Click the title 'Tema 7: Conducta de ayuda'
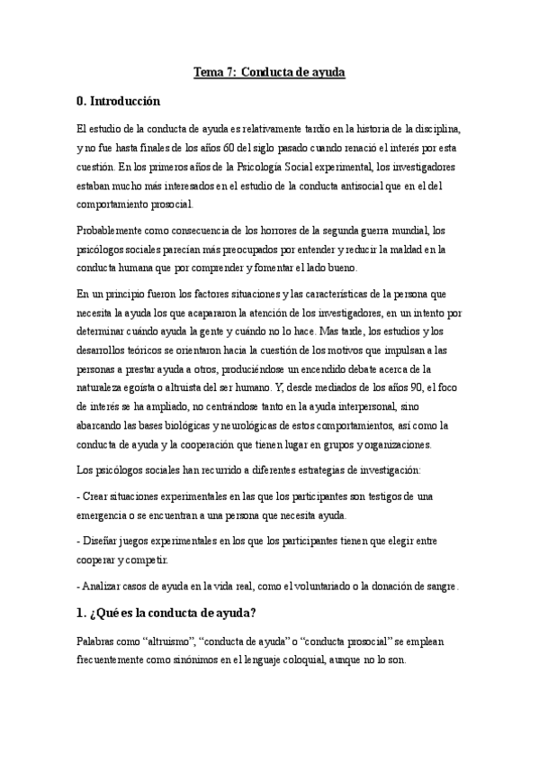click(269, 71)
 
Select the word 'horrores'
click(281, 230)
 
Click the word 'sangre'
click(443, 586)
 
